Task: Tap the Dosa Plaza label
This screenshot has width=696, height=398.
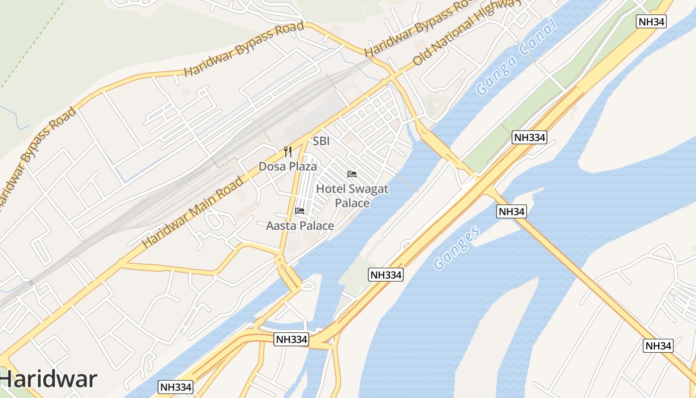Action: point(287,166)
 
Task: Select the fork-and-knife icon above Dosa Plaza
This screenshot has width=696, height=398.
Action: point(287,151)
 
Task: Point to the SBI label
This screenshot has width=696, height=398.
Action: point(321,141)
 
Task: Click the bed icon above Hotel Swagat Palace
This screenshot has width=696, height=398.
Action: point(352,174)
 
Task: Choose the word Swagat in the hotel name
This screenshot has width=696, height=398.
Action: point(368,189)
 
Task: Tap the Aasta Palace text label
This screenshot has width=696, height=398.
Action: point(300,226)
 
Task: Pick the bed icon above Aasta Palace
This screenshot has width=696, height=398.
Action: point(299,211)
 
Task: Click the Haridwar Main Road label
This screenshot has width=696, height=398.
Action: point(193,212)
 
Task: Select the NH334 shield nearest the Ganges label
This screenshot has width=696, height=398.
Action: point(386,275)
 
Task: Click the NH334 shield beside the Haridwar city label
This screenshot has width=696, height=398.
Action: point(175,387)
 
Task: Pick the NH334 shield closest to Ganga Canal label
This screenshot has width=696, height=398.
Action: point(529,137)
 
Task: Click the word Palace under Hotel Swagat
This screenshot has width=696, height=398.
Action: point(352,203)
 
